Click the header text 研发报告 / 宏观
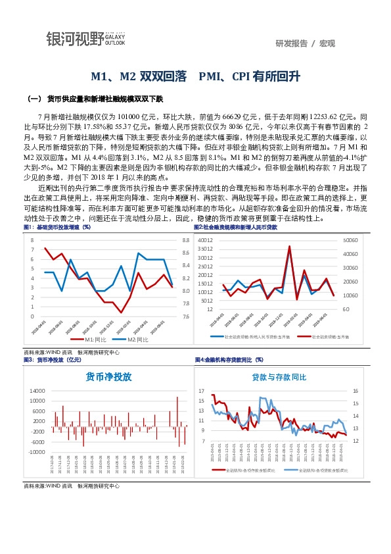pos(306,43)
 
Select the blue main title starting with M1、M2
pos(195,76)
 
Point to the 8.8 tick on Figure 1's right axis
pos(185,241)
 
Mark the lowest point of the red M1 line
pos(122,313)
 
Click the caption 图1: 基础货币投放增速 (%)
pos(57,227)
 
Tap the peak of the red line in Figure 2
pos(289,246)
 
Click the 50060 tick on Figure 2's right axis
pos(350,241)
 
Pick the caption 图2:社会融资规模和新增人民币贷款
pos(236,227)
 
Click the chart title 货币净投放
pos(109,377)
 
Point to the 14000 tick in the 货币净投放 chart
pos(37,391)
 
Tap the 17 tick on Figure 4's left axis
pos(202,391)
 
